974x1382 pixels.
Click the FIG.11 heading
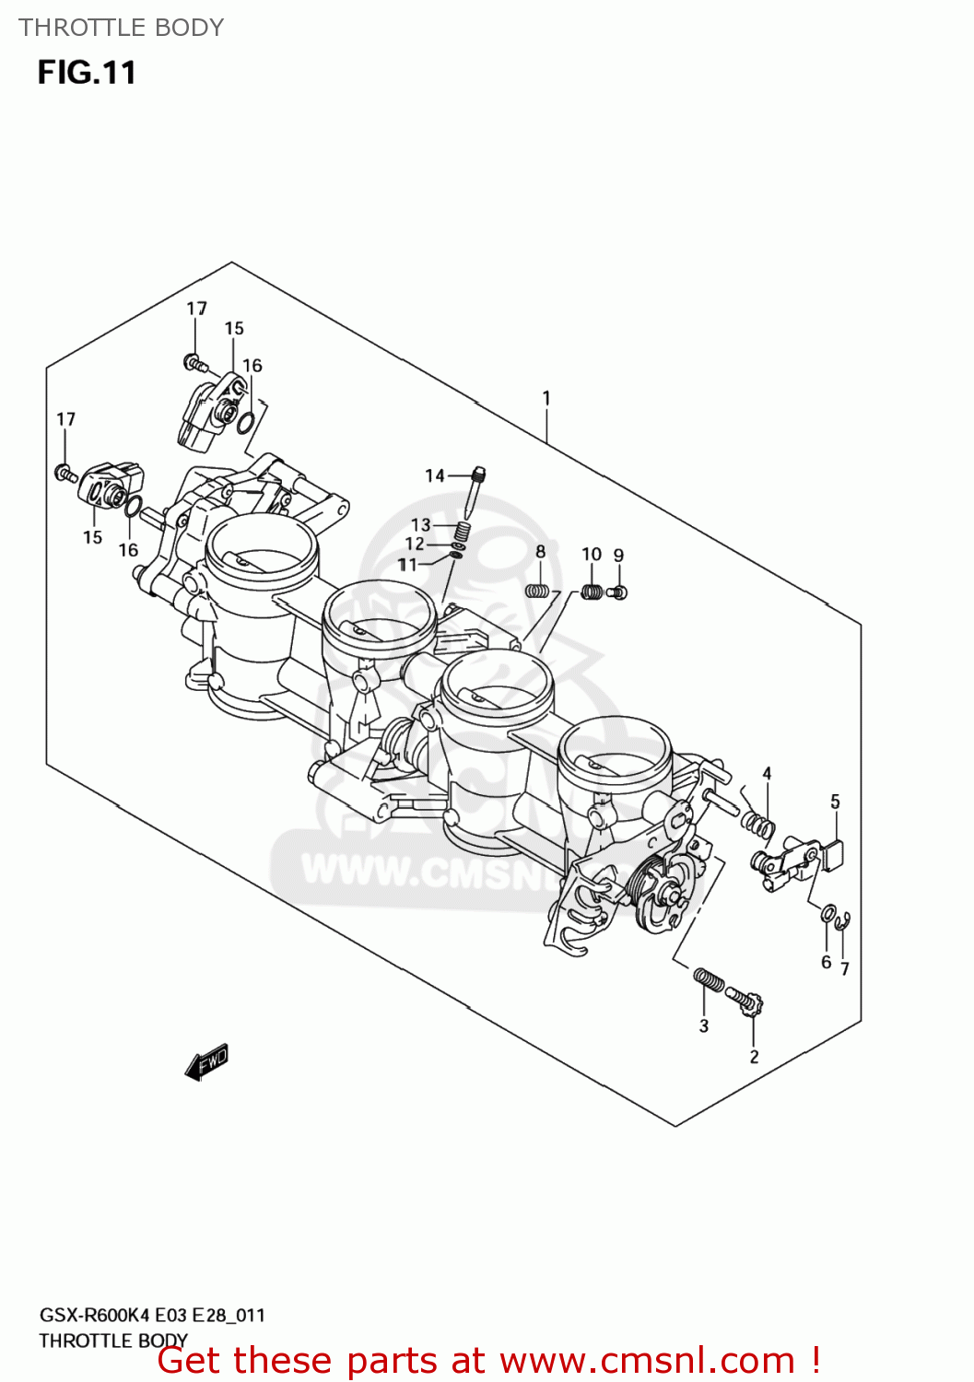point(87,73)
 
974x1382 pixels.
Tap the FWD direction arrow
point(206,1062)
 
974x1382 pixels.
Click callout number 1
point(546,398)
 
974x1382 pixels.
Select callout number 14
point(435,475)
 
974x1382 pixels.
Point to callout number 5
point(835,802)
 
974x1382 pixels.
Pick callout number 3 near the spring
point(704,1025)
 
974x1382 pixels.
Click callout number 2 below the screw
point(754,1056)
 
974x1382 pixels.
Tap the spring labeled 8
point(538,590)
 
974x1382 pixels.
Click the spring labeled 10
point(592,591)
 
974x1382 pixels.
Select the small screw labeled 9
point(619,592)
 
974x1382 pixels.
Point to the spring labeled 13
point(463,531)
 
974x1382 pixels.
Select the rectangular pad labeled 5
point(835,854)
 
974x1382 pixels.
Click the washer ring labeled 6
point(827,913)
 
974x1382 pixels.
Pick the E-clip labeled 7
point(842,921)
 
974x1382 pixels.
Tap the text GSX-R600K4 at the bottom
point(95,1315)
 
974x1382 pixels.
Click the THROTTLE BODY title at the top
point(121,28)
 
